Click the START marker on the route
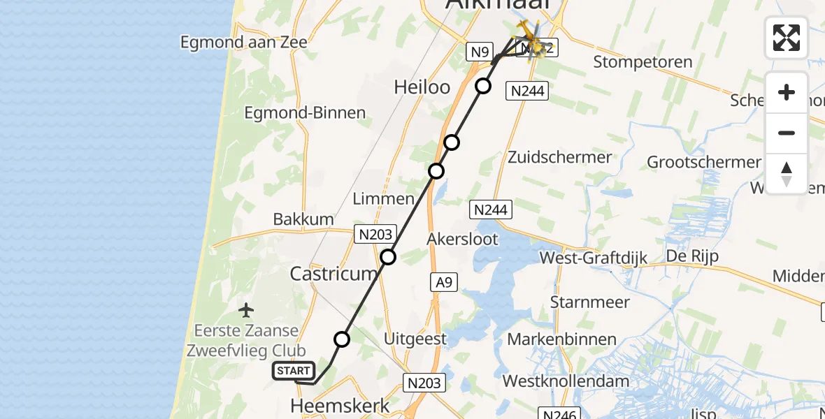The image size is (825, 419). coord(294,371)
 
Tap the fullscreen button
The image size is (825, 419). coord(787,37)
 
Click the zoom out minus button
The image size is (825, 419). coord(787,133)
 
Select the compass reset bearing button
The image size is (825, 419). coord(787,174)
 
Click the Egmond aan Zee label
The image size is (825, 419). coord(243,43)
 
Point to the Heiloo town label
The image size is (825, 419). coord(419,87)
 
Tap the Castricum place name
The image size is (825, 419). coord(334,274)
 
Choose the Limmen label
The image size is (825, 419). coord(383,199)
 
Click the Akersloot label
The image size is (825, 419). coord(463,240)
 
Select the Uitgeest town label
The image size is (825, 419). coord(415,339)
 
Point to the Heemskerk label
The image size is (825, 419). coord(340,405)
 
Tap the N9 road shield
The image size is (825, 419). coord(480,51)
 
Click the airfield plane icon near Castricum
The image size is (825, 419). coord(246,309)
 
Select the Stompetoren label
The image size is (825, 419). coord(643,62)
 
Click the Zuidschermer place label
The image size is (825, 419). coord(560,157)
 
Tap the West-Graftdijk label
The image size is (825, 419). coord(589,258)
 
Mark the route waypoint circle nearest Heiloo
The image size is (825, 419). coord(483,86)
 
